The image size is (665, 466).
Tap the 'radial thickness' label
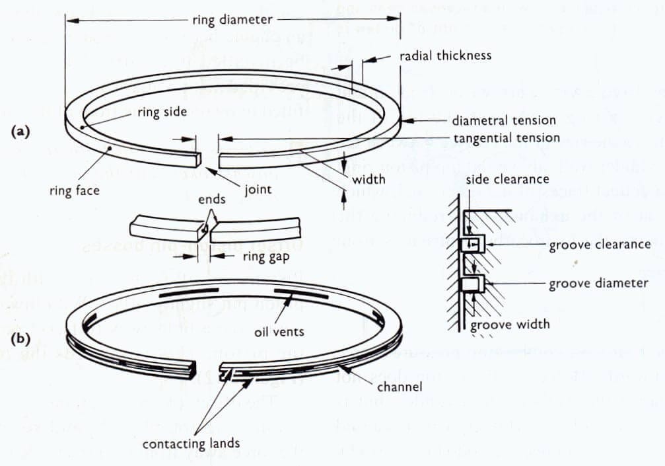pyautogui.click(x=445, y=55)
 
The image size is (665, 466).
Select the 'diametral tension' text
pyautogui.click(x=503, y=121)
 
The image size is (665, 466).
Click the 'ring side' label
pyautogui.click(x=162, y=112)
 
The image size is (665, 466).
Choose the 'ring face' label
pyautogui.click(x=74, y=192)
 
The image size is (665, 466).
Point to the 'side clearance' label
pyautogui.click(x=507, y=180)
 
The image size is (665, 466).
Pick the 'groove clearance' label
pyautogui.click(x=600, y=245)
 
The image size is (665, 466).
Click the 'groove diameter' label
pyautogui.click(x=598, y=284)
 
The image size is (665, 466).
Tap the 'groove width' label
pyautogui.click(x=509, y=325)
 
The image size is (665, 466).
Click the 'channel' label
pyautogui.click(x=399, y=386)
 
